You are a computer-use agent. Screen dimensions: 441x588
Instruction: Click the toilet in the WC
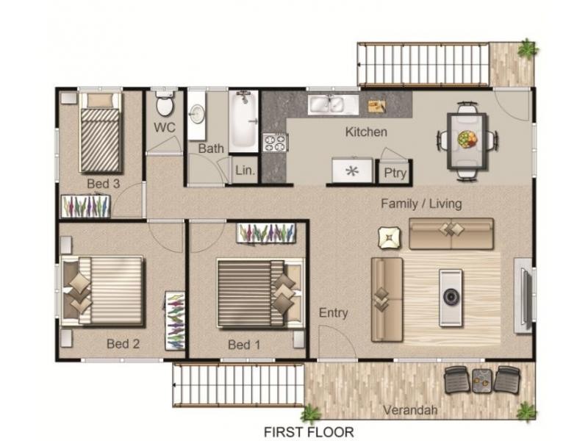165,105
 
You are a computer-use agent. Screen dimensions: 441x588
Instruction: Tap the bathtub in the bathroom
243,120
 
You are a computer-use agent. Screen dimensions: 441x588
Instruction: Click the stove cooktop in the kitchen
275,142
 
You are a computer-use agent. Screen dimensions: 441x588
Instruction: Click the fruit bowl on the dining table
466,138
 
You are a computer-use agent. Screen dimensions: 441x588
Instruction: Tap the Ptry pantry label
392,173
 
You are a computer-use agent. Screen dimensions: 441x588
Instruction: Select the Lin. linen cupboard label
245,171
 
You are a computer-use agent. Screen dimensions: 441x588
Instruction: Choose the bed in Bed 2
103,290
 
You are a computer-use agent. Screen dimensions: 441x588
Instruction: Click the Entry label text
333,313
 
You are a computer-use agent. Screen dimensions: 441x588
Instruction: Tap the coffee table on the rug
451,297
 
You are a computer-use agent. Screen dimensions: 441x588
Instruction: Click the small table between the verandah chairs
482,379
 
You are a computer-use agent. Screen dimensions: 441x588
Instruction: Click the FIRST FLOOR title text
309,431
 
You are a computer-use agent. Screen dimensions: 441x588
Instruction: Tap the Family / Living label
421,204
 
